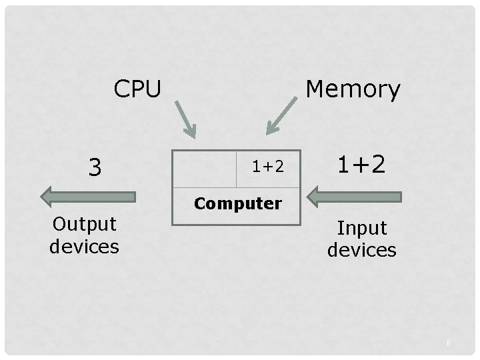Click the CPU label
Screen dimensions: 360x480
click(137, 88)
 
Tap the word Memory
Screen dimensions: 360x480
click(353, 89)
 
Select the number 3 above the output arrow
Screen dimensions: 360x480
click(95, 167)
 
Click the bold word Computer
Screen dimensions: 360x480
click(237, 203)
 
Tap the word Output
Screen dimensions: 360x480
click(84, 225)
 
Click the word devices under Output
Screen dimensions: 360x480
click(84, 246)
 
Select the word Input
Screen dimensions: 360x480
click(361, 228)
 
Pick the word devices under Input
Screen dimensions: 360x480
click(361, 250)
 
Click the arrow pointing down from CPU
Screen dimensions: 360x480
click(186, 119)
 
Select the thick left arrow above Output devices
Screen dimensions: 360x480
click(88, 196)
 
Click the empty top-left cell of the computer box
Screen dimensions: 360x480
click(205, 168)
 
